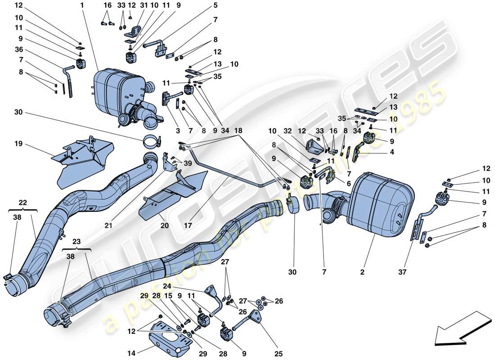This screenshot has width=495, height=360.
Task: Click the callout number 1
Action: point(82,5)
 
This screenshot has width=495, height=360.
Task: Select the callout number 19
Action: point(18,145)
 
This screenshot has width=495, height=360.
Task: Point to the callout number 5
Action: point(215,5)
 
